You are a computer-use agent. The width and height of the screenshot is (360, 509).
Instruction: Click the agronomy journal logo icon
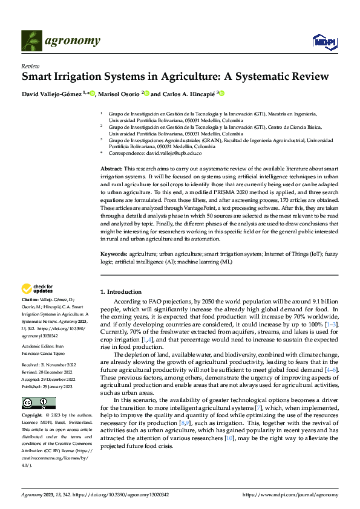tap(32, 41)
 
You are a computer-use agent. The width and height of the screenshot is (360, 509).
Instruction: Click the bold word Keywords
tap(114, 255)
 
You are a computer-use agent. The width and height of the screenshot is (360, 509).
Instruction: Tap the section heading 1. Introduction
tap(120, 292)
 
